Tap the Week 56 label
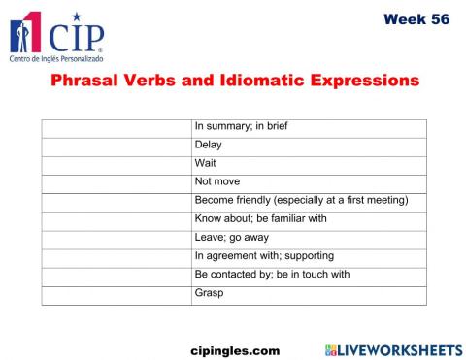[x=416, y=19]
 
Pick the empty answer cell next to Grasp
[x=116, y=293]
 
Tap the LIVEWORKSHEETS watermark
[x=393, y=348]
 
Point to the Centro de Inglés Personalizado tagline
[x=56, y=59]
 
